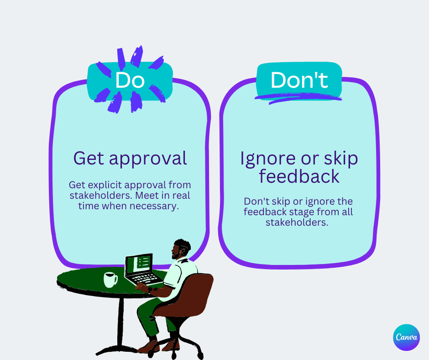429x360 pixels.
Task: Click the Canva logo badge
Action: (x=406, y=338)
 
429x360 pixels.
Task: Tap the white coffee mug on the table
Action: (x=110, y=280)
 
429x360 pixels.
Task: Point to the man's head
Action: (x=181, y=249)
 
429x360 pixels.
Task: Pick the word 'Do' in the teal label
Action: (x=130, y=80)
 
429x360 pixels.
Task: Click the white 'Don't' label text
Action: (x=299, y=80)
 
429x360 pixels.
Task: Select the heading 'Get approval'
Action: (x=130, y=158)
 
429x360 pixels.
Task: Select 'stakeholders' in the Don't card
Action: (x=298, y=222)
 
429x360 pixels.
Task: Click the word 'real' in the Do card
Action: (x=181, y=195)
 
